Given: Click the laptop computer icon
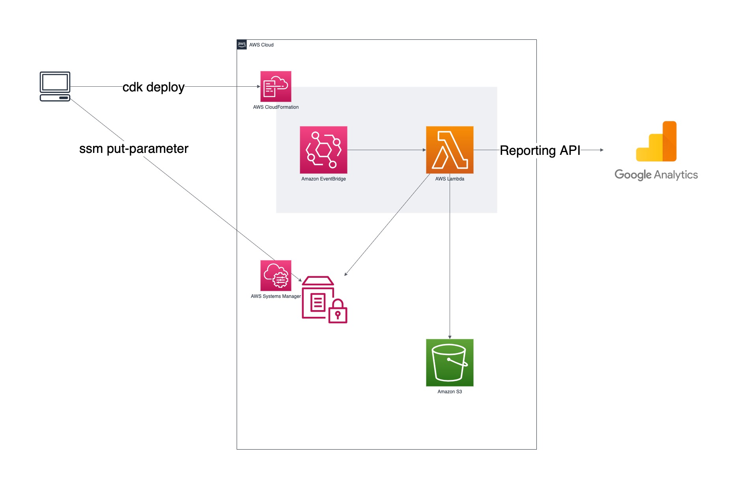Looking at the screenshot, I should point(55,86).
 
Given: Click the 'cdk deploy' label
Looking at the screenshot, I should point(153,87).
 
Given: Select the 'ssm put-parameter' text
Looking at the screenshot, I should point(134,149).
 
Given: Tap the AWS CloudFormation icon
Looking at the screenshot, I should point(276,86).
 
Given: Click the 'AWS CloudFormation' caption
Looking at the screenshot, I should point(276,107).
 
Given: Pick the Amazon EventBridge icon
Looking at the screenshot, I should point(323,150).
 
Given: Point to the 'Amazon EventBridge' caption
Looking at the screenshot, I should point(323,179).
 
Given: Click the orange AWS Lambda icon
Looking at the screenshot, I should point(450,150).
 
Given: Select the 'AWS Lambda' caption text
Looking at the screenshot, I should point(450,179).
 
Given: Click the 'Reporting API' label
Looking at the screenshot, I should point(540,151).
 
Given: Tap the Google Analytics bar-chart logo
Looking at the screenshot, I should point(656,141).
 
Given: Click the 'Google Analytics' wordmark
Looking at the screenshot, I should point(656,175).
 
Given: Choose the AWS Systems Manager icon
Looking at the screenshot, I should point(276,275).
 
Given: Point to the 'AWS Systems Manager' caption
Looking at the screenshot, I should point(276,296).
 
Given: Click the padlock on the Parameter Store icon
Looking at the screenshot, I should point(338,312).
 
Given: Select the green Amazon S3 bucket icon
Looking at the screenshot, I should point(450,363).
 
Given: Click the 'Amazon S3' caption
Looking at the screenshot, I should point(450,392).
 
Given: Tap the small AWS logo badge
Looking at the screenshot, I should point(242,45).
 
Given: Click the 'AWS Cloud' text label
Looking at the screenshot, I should point(261,45).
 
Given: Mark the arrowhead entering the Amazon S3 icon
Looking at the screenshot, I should point(450,337).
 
